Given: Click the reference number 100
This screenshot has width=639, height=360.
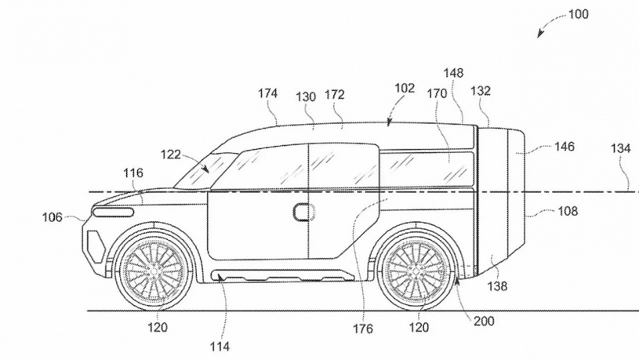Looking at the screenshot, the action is (579, 14).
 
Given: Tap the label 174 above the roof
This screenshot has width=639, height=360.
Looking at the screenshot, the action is (267, 93).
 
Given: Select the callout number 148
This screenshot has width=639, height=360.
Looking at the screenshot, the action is (453, 73).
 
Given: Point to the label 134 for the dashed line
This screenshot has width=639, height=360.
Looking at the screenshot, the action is (621, 148).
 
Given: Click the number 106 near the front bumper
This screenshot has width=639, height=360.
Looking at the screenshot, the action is (53, 217).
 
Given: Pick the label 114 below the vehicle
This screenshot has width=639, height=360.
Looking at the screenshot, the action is (220, 347).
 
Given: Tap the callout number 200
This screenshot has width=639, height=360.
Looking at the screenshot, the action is (484, 322).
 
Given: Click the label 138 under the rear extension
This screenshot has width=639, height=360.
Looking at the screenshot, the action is (497, 286).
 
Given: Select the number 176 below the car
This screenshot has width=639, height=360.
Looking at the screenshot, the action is (363, 329).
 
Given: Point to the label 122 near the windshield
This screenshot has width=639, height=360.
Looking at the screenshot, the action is (170, 155).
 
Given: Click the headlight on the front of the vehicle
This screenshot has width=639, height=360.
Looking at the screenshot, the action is (113, 212).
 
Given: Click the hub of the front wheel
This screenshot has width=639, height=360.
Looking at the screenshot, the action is (154, 270).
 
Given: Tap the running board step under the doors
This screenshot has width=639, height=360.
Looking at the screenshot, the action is (281, 275).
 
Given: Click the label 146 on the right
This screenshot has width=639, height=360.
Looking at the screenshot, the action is (565, 147).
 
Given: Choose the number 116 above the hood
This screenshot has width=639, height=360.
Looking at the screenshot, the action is (133, 173).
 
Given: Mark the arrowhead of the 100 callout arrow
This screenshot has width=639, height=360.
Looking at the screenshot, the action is (539, 35).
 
